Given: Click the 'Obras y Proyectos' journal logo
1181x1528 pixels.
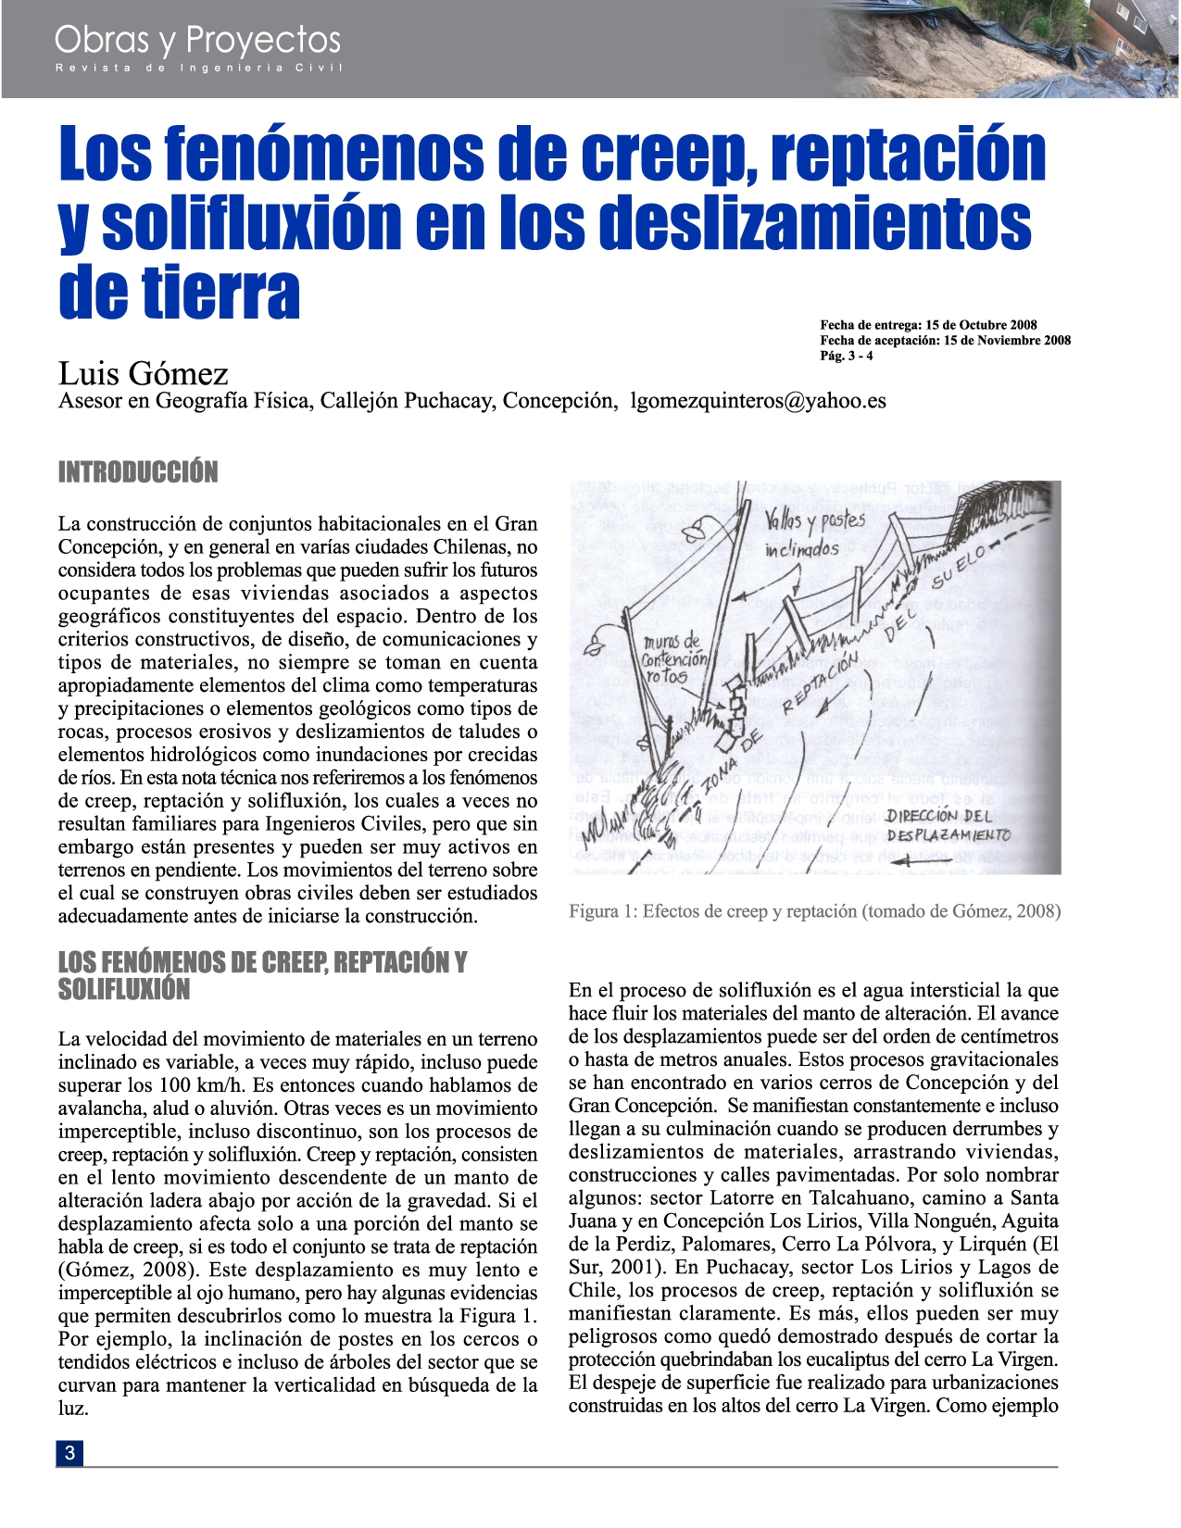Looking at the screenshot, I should coord(197,41).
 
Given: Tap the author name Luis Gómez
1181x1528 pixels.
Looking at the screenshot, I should coord(143,373).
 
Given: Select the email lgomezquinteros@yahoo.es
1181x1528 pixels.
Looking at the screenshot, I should coord(758,401).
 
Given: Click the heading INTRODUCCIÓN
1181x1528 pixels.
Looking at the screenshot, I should coord(138,472).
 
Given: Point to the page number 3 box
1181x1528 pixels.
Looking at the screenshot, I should coord(69,1453).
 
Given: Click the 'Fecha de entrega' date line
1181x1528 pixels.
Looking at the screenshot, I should coord(928,325).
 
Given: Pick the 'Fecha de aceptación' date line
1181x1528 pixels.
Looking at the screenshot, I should coord(945,340).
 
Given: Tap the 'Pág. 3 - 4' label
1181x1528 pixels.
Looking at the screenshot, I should coord(846,356).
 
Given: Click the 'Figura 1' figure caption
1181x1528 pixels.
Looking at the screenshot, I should coord(814,911).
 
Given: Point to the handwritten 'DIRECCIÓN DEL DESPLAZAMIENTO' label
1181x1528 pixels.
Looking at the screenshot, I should coord(946,825).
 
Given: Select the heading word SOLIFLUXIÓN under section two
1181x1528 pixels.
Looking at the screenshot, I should coord(123,990).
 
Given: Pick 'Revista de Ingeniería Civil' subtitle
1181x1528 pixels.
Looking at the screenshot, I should coord(198,69).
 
